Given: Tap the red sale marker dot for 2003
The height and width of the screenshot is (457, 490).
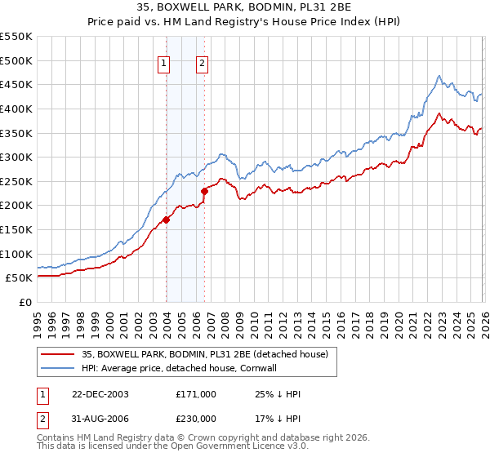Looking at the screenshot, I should coord(166,219).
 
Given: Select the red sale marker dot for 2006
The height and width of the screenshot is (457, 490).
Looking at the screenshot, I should coord(204,191).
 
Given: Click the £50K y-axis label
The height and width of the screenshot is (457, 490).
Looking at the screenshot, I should coord(20,278).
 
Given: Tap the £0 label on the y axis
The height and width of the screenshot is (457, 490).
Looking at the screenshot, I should coord(24,302).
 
